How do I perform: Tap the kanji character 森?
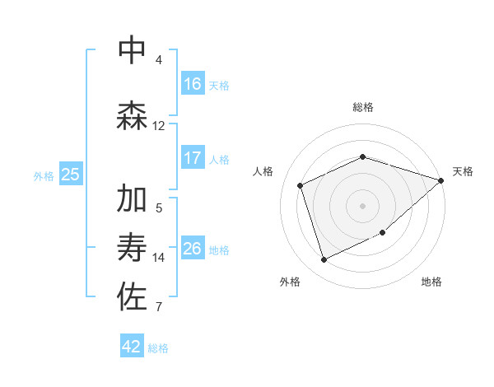tap(133, 115)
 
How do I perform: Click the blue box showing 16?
tap(193, 83)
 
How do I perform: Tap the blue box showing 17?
tap(193, 157)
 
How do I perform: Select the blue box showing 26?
tap(193, 248)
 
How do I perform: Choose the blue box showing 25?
tap(70, 174)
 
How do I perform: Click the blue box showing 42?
tap(132, 347)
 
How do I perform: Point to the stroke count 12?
tap(158, 126)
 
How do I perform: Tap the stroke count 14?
tap(158, 258)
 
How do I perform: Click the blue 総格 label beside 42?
tap(158, 348)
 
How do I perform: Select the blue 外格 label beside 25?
tap(44, 175)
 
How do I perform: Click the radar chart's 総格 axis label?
tap(363, 107)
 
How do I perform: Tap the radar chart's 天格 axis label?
tap(463, 171)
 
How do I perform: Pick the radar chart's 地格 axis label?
tap(431, 282)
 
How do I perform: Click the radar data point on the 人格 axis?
tap(301, 185)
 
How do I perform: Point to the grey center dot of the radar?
tap(362, 206)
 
